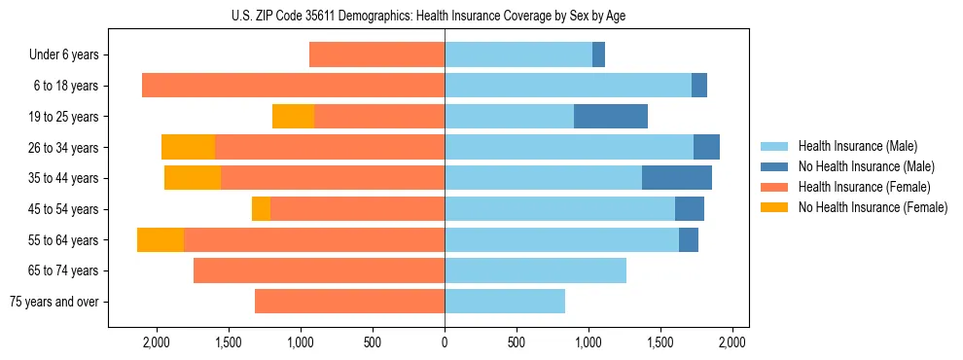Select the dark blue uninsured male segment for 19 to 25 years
click(610, 117)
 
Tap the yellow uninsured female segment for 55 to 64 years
click(160, 240)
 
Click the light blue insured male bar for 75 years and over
click(505, 302)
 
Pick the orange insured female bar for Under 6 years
click(376, 55)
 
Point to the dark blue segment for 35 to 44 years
click(676, 178)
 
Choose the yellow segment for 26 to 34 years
click(188, 148)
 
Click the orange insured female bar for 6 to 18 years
click(293, 86)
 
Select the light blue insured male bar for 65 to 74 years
click(535, 270)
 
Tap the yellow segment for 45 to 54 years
click(261, 209)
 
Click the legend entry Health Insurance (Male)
click(857, 146)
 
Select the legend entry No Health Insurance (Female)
click(873, 207)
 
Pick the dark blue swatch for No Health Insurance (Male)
click(774, 166)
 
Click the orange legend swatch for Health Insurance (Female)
click(774, 187)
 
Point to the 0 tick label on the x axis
click(445, 342)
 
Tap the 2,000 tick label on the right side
click(731, 342)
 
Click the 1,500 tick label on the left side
click(229, 342)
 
